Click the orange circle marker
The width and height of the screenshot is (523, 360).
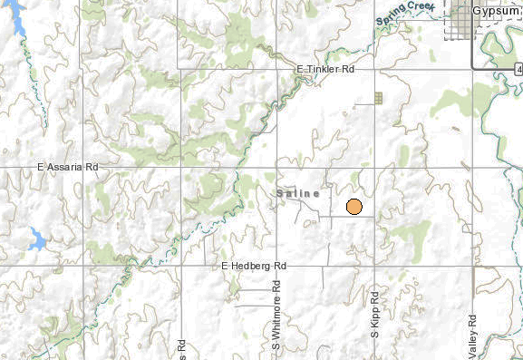(x=354, y=206)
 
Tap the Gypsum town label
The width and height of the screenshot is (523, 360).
(x=495, y=10)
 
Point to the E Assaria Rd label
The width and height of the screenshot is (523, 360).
(x=67, y=168)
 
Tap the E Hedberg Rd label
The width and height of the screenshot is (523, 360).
(x=254, y=266)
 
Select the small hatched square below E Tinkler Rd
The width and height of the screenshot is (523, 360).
(x=379, y=96)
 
